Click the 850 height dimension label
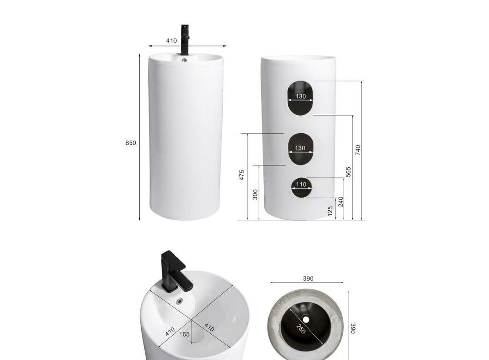click(x=131, y=143)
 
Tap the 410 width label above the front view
click(x=171, y=41)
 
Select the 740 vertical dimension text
click(x=358, y=150)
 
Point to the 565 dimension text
click(x=348, y=172)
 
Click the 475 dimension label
click(x=242, y=175)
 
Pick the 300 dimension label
click(x=256, y=195)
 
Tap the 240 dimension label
click(x=340, y=201)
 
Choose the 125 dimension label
click(x=330, y=211)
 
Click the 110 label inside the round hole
click(x=301, y=184)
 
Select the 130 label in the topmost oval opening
click(x=301, y=96)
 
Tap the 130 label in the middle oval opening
click(x=300, y=148)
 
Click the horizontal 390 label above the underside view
click(x=308, y=279)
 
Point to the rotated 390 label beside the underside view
click(x=353, y=328)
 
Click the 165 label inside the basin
click(x=185, y=334)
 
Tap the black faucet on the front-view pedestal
click(x=185, y=40)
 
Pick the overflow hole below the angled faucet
click(x=180, y=301)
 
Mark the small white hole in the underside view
click(x=306, y=319)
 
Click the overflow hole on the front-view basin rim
click(x=185, y=60)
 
